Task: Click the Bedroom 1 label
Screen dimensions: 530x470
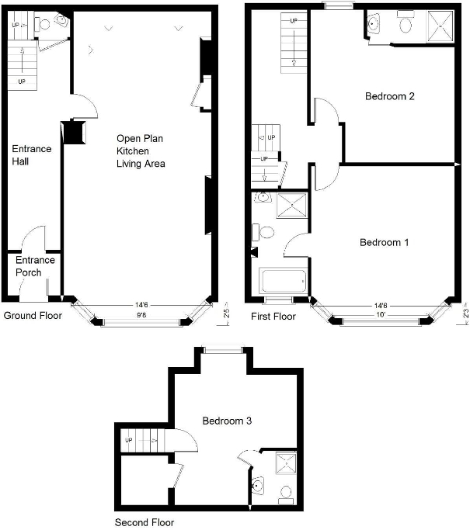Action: [x=384, y=242]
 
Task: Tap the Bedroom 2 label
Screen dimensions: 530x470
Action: [x=389, y=97]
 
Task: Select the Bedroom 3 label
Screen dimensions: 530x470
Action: [x=227, y=421]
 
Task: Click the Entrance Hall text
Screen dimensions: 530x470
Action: [x=31, y=155]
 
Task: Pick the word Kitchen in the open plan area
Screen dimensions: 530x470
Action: [x=133, y=151]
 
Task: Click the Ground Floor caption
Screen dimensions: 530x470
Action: [x=33, y=316]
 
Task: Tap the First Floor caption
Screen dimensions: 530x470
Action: [x=273, y=317]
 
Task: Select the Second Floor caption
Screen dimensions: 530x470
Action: [x=144, y=522]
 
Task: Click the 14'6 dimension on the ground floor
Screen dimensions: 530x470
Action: [x=141, y=306]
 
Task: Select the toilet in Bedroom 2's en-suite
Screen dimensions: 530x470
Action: [x=406, y=25]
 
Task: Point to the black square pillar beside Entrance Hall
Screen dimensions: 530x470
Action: [x=74, y=132]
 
